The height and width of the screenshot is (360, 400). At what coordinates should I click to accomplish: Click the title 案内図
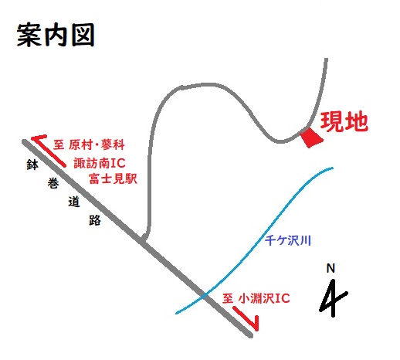tap(56, 36)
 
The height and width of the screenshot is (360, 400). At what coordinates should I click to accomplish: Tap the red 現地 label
tap(344, 121)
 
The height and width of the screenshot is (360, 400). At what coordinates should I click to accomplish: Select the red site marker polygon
tap(311, 138)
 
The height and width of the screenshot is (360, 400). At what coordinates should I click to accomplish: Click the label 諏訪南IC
tap(100, 163)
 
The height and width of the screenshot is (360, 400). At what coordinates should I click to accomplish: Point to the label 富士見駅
tap(113, 178)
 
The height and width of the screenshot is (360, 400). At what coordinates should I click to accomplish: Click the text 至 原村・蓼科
tap(89, 144)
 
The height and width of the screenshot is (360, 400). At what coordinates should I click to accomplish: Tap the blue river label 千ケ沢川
tap(288, 241)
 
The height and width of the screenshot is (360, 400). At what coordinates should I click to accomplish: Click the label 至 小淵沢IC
tap(256, 298)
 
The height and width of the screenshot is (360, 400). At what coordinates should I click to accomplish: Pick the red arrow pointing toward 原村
tap(49, 151)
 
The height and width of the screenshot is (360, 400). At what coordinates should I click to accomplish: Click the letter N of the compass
tap(331, 268)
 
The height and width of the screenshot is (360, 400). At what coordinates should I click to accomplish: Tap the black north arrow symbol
tap(333, 299)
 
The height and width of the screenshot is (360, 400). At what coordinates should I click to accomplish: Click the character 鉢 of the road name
tap(32, 165)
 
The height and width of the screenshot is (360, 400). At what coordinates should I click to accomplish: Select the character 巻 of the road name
tap(53, 183)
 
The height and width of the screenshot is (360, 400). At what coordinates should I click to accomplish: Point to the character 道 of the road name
tap(74, 202)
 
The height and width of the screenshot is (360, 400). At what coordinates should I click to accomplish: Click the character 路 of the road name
tap(95, 220)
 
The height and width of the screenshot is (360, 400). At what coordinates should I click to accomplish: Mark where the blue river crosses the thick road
tap(205, 296)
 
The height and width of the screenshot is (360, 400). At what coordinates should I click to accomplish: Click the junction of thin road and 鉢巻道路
tap(143, 240)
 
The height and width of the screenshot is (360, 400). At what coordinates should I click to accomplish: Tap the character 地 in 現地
tap(357, 121)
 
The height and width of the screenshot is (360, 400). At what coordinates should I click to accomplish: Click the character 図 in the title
tap(83, 36)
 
